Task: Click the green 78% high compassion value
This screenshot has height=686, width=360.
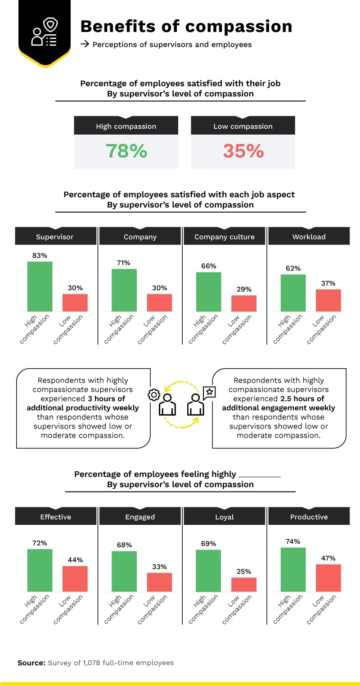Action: point(126,151)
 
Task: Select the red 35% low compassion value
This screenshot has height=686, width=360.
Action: point(243,151)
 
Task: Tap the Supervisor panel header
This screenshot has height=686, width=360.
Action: point(55,236)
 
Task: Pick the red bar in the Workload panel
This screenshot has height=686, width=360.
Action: point(328,300)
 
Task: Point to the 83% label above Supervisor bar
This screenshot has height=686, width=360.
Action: point(40,255)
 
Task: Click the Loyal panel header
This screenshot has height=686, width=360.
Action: point(224,517)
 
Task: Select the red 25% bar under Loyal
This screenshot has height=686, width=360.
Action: point(244,584)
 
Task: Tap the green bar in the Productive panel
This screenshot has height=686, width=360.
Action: point(293,569)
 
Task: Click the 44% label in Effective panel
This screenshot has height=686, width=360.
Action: point(75,560)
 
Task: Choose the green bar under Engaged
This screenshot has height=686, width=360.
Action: point(124,571)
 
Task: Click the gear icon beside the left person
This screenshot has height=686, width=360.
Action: point(154,395)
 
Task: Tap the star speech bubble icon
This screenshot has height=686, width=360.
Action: point(209,392)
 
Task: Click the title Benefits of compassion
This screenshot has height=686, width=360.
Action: point(186,27)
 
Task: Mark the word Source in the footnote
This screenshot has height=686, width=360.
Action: point(31,663)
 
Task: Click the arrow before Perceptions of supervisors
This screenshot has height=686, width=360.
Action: point(84,45)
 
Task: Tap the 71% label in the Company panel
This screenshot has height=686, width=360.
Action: point(124,262)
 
